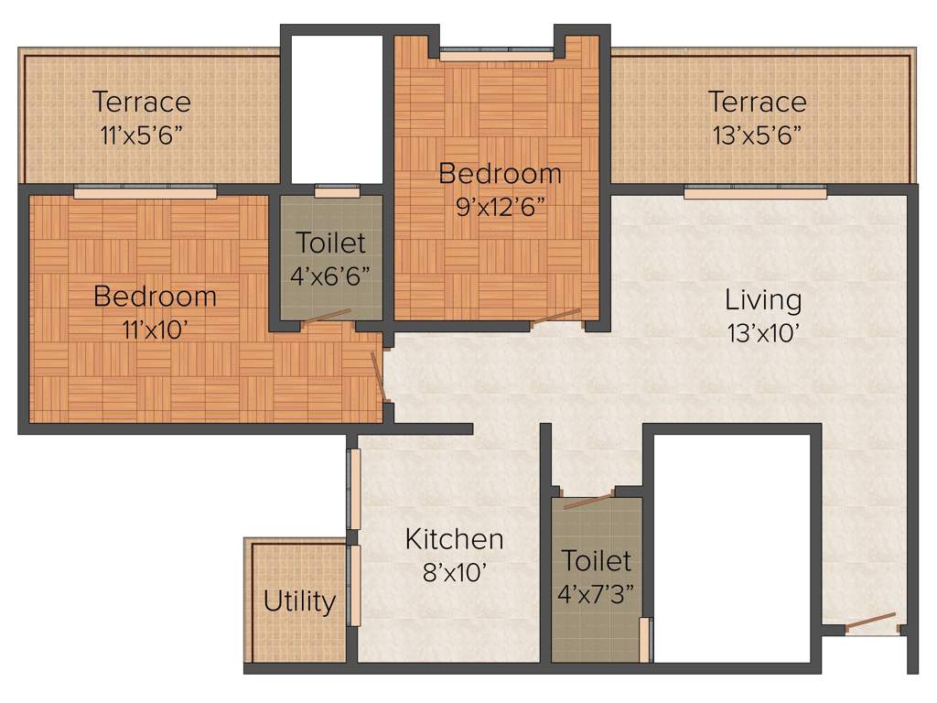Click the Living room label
(x=763, y=299)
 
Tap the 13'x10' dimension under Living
(x=765, y=333)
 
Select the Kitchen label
(x=454, y=539)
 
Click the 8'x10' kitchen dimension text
(x=454, y=573)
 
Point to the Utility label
(x=299, y=602)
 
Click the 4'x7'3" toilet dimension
(x=596, y=593)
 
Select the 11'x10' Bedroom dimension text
(x=155, y=330)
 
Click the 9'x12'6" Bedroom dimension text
(x=500, y=206)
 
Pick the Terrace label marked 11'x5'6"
(x=142, y=102)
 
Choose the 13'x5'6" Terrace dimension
(x=758, y=135)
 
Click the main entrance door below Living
(x=870, y=623)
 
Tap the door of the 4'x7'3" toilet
(x=588, y=500)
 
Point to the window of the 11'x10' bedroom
(x=145, y=192)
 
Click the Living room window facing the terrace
(x=755, y=192)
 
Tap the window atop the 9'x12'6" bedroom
(x=496, y=55)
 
